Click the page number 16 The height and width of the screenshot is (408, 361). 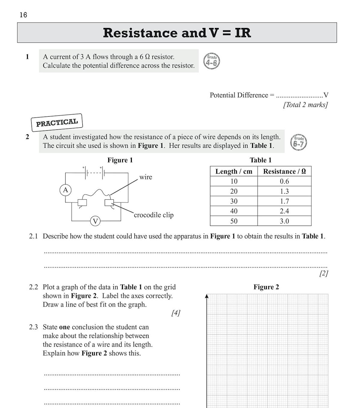[x=23, y=15]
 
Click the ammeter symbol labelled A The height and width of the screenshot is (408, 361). [x=65, y=190]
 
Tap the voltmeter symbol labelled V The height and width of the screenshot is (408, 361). [x=95, y=221]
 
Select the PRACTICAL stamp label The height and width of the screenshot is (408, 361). [x=57, y=122]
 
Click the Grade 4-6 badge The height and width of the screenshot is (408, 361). [x=211, y=61]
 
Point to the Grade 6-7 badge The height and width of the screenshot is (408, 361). [x=298, y=142]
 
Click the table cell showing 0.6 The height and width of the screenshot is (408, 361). [x=284, y=181]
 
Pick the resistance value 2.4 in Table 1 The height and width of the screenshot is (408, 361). [x=284, y=211]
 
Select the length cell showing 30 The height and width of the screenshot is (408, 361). [x=234, y=201]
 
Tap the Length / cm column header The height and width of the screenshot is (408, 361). [x=234, y=171]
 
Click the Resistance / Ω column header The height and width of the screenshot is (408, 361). [x=284, y=171]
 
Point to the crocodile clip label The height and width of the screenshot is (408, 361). [x=154, y=215]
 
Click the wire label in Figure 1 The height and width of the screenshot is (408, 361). [x=146, y=177]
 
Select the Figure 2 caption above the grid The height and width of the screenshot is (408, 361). [x=266, y=287]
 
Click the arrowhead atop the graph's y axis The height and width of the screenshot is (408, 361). [x=207, y=296]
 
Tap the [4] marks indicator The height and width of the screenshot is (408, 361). [x=176, y=313]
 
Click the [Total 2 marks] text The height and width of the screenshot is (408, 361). [x=305, y=105]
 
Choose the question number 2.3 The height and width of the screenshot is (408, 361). [x=33, y=327]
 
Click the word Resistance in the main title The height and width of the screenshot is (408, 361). [x=140, y=33]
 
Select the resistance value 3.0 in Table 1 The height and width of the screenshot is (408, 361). [x=284, y=221]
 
